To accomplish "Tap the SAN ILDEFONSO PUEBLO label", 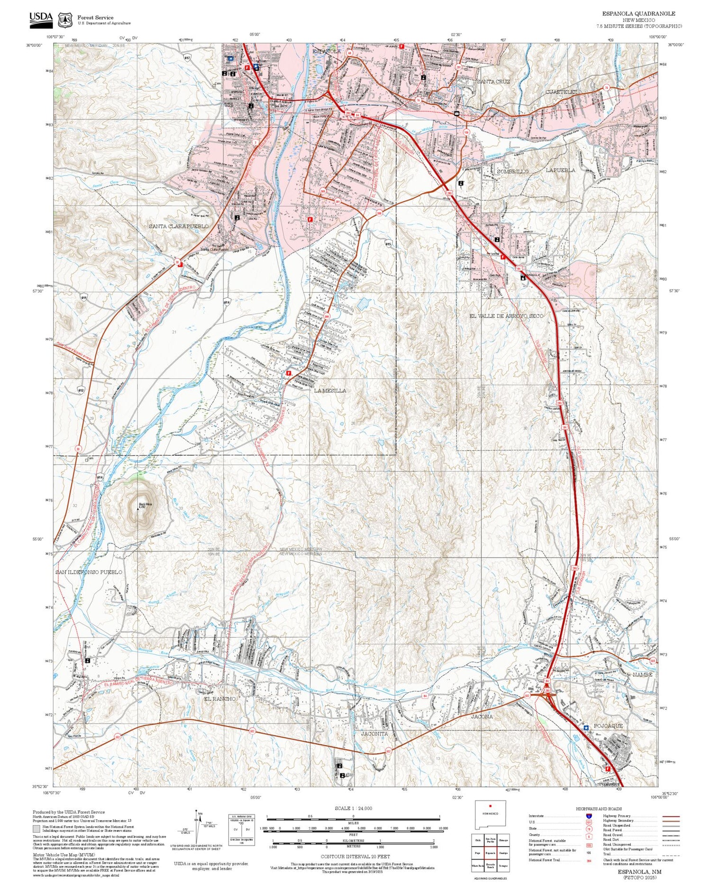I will pyautogui.click(x=89, y=572).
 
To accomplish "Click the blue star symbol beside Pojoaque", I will pyautogui.click(x=586, y=727).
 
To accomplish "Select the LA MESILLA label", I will pyautogui.click(x=330, y=391).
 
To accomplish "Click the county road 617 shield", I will pyautogui.click(x=187, y=57).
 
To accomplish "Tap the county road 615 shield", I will pyautogui.click(x=388, y=243).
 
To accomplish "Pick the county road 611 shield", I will pyautogui.click(x=84, y=297).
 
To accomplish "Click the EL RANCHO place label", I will pyautogui.click(x=219, y=699).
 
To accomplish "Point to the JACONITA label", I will pyautogui.click(x=374, y=734).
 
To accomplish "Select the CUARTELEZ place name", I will pyautogui.click(x=561, y=92).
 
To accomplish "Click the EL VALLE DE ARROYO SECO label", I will pyautogui.click(x=506, y=316).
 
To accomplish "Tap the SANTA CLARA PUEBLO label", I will pyautogui.click(x=179, y=227).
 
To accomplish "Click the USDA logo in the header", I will pyautogui.click(x=41, y=18).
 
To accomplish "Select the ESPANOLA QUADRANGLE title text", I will pyautogui.click(x=638, y=14).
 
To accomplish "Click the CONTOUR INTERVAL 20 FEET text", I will pyautogui.click(x=355, y=856).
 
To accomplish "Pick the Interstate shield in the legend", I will pyautogui.click(x=589, y=816).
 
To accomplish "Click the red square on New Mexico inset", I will pyautogui.click(x=491, y=806).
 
